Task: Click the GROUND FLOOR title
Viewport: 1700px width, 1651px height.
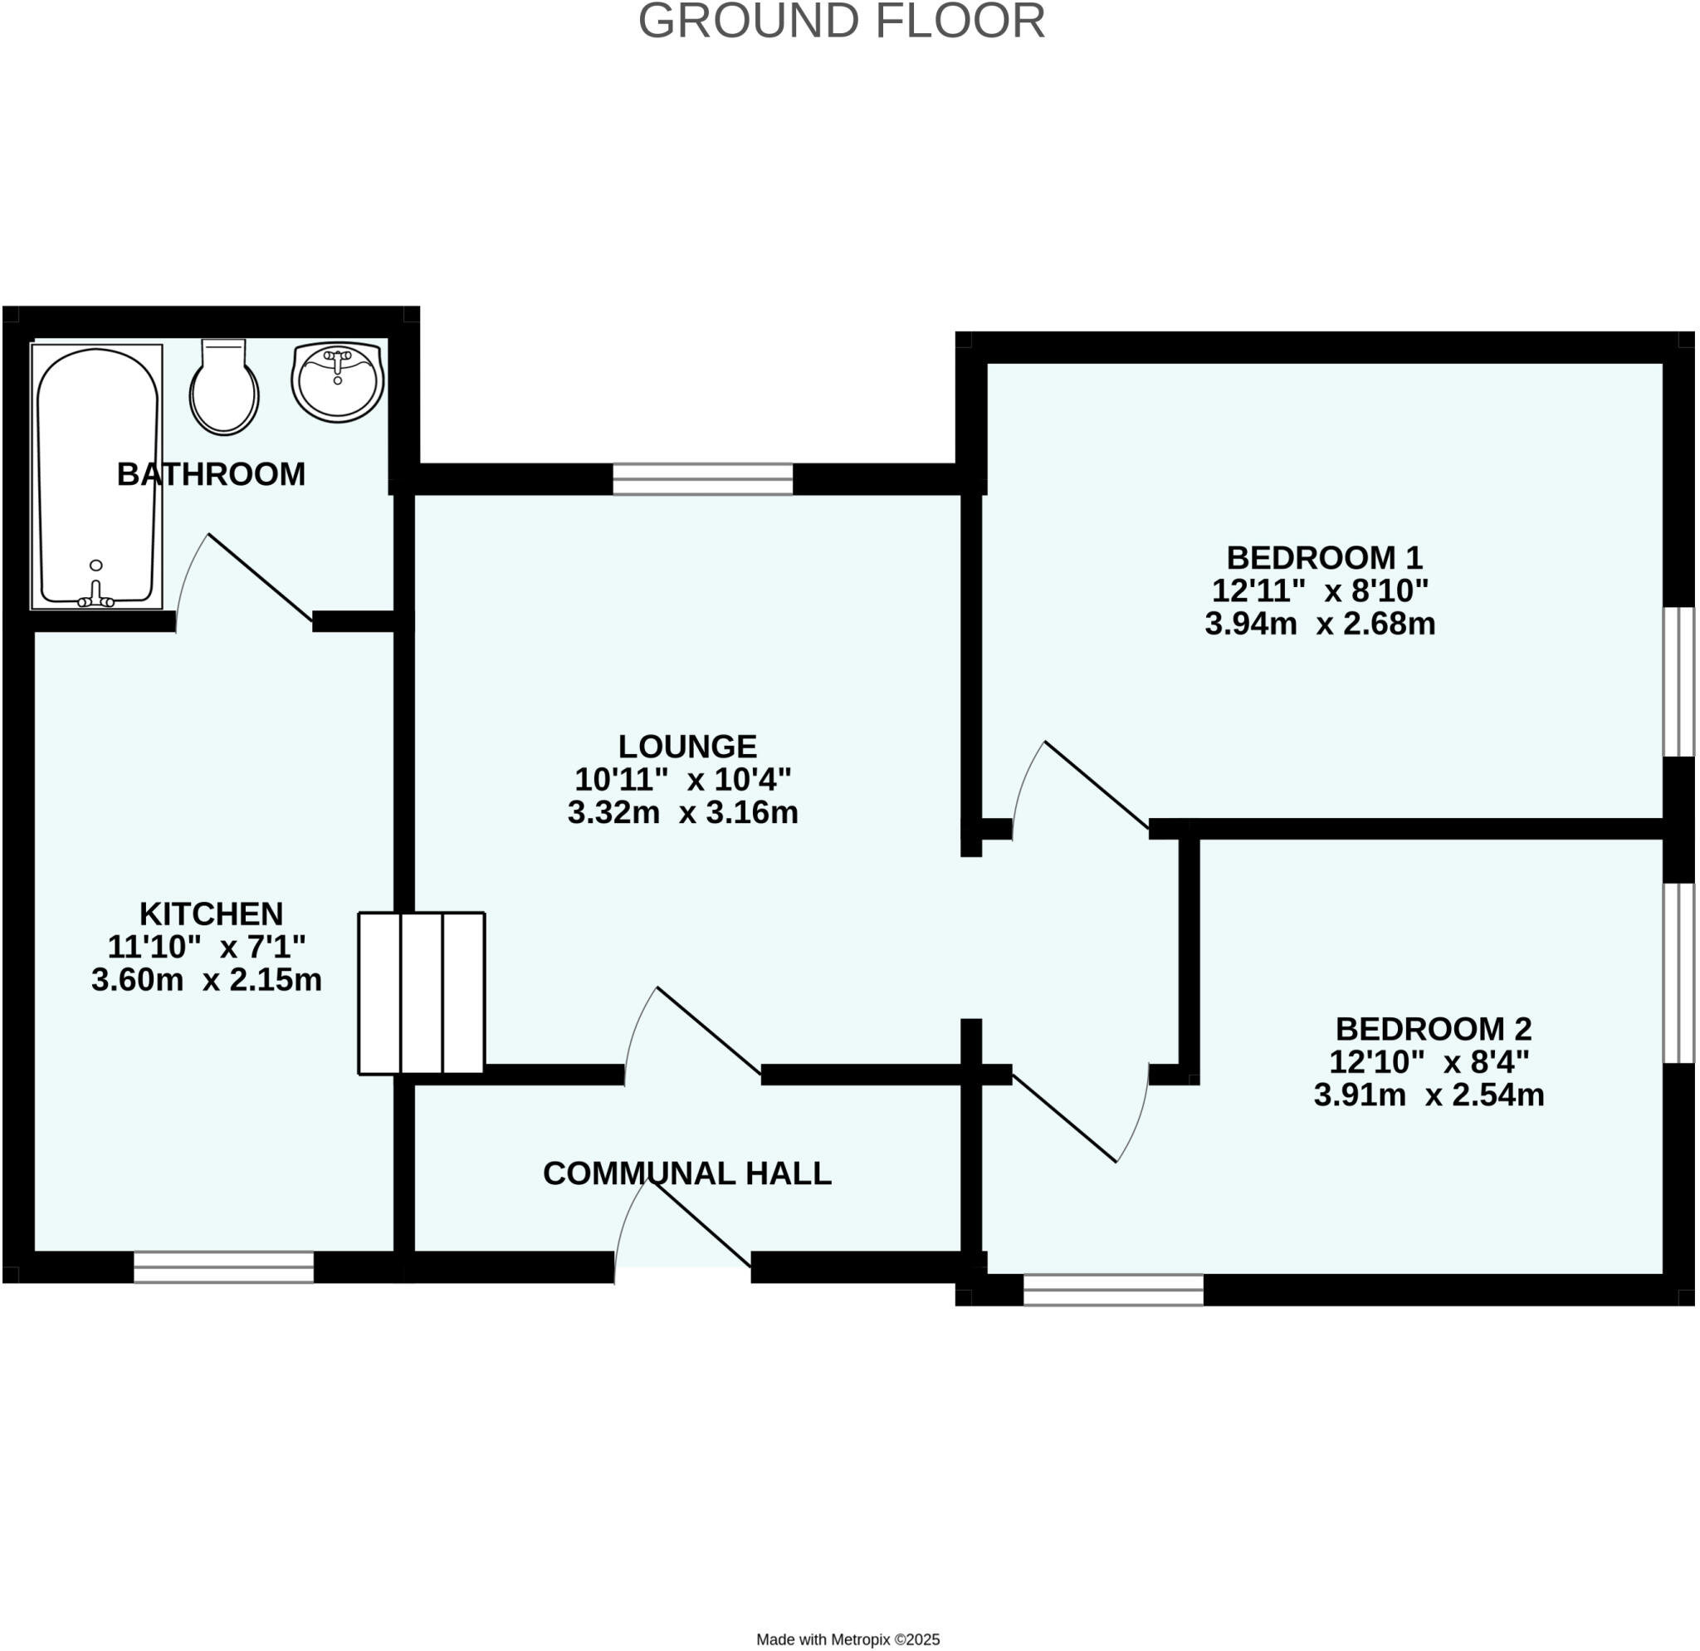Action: pos(842,22)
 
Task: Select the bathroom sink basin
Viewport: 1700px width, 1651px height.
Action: pos(337,382)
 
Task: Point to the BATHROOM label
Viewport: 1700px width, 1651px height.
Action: pos(211,474)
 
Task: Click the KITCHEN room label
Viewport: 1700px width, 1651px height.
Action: pos(211,914)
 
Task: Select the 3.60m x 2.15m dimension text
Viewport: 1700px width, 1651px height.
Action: pos(207,979)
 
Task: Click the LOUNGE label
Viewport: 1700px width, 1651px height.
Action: pos(687,746)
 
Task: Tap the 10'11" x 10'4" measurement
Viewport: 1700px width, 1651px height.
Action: pos(682,779)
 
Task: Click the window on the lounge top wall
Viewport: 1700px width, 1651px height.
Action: pos(702,479)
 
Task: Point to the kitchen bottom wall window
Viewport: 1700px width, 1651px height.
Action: pos(224,1266)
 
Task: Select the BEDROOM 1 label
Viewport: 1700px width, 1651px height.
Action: pos(1324,557)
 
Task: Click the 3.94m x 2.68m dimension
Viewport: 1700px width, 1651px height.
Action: pos(1319,624)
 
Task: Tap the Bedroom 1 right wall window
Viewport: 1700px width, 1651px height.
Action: pos(1678,682)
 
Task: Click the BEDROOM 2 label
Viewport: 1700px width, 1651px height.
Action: pos(1433,1029)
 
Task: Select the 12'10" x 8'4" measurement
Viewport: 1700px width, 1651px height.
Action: pos(1429,1062)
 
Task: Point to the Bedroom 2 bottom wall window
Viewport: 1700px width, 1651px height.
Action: pos(1113,1290)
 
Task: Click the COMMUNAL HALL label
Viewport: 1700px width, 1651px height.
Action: pos(687,1173)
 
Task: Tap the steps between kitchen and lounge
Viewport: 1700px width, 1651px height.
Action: pos(422,993)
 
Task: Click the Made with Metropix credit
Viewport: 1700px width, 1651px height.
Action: pos(848,1639)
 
